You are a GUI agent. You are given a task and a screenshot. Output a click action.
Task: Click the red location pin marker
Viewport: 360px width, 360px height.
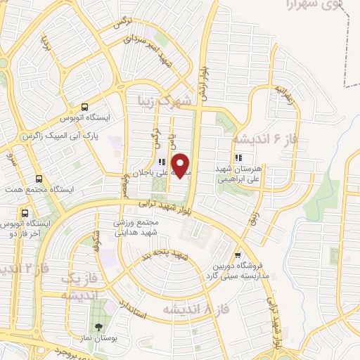[181, 165]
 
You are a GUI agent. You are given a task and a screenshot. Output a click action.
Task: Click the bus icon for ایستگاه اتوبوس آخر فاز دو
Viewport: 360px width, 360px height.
[25, 212]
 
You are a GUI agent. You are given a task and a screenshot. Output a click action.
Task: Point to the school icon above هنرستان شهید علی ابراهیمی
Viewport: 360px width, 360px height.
[238, 157]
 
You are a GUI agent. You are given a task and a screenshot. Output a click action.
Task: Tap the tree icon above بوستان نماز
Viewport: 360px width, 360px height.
[98, 326]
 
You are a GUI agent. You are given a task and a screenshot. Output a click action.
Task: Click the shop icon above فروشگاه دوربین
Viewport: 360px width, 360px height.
[238, 256]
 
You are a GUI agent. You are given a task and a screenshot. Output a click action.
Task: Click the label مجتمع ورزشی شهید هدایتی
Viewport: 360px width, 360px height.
[139, 226]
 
